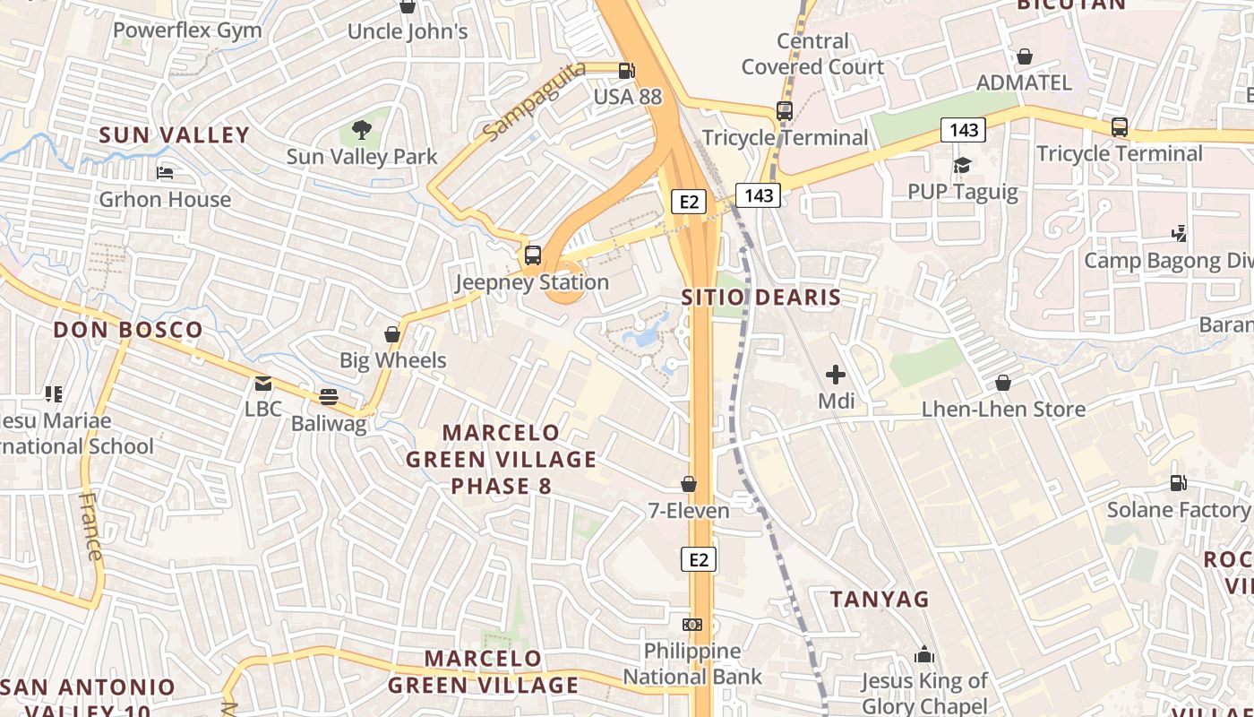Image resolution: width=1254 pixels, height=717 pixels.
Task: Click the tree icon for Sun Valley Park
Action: (362, 130)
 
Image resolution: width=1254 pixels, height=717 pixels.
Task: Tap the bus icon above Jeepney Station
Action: (533, 255)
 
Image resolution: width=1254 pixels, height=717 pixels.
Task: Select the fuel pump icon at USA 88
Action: (627, 71)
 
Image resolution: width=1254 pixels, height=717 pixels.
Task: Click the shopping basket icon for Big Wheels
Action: (392, 334)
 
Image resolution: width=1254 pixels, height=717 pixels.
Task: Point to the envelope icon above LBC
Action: (263, 384)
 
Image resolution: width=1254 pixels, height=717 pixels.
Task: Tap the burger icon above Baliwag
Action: (329, 396)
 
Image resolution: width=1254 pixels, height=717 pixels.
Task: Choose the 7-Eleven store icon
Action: (689, 485)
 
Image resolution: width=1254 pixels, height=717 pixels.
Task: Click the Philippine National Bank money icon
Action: (692, 625)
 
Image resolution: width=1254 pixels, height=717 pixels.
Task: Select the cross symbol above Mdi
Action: (836, 375)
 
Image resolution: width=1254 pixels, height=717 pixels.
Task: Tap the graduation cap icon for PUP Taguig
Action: (962, 166)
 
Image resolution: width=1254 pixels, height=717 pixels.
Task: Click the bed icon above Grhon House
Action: (165, 173)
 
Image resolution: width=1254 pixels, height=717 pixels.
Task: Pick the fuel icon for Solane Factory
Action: (1178, 483)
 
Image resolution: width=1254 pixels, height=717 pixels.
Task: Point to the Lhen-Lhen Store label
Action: (1003, 410)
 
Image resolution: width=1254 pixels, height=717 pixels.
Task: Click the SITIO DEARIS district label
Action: (761, 298)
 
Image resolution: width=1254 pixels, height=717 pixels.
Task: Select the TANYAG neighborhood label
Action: (880, 600)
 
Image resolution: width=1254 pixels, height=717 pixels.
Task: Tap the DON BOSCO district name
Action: (128, 330)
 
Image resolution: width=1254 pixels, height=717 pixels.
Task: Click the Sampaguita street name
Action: (533, 100)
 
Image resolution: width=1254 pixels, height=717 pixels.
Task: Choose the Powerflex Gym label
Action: (187, 30)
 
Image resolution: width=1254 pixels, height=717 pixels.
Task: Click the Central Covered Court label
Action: (812, 54)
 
